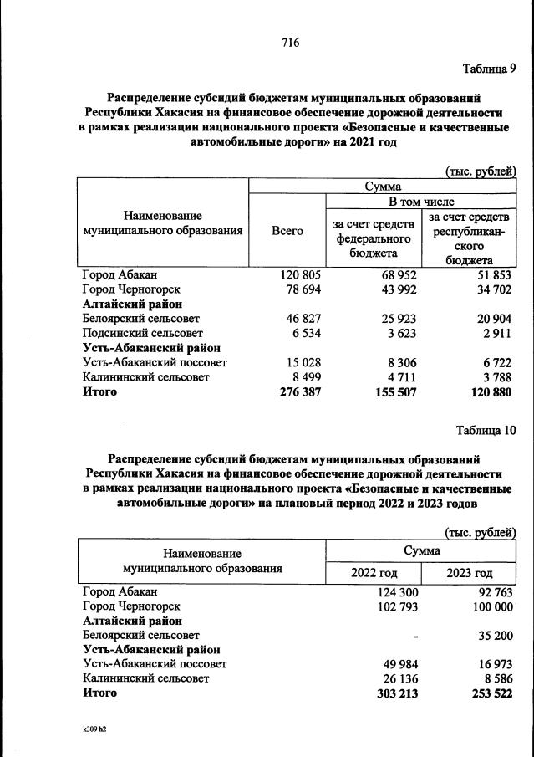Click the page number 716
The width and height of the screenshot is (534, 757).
point(291,43)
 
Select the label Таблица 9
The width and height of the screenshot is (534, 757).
point(490,69)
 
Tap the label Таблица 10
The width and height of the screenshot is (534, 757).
point(486,431)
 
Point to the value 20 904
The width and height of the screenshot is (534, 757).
point(489,319)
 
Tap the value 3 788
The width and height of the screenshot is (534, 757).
point(494,377)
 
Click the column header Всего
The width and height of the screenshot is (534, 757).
point(287,231)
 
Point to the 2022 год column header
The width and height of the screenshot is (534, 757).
point(373,573)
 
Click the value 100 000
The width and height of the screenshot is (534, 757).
point(490,606)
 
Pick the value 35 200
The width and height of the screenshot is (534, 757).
point(493,635)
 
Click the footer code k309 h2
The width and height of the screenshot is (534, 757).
point(89,729)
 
